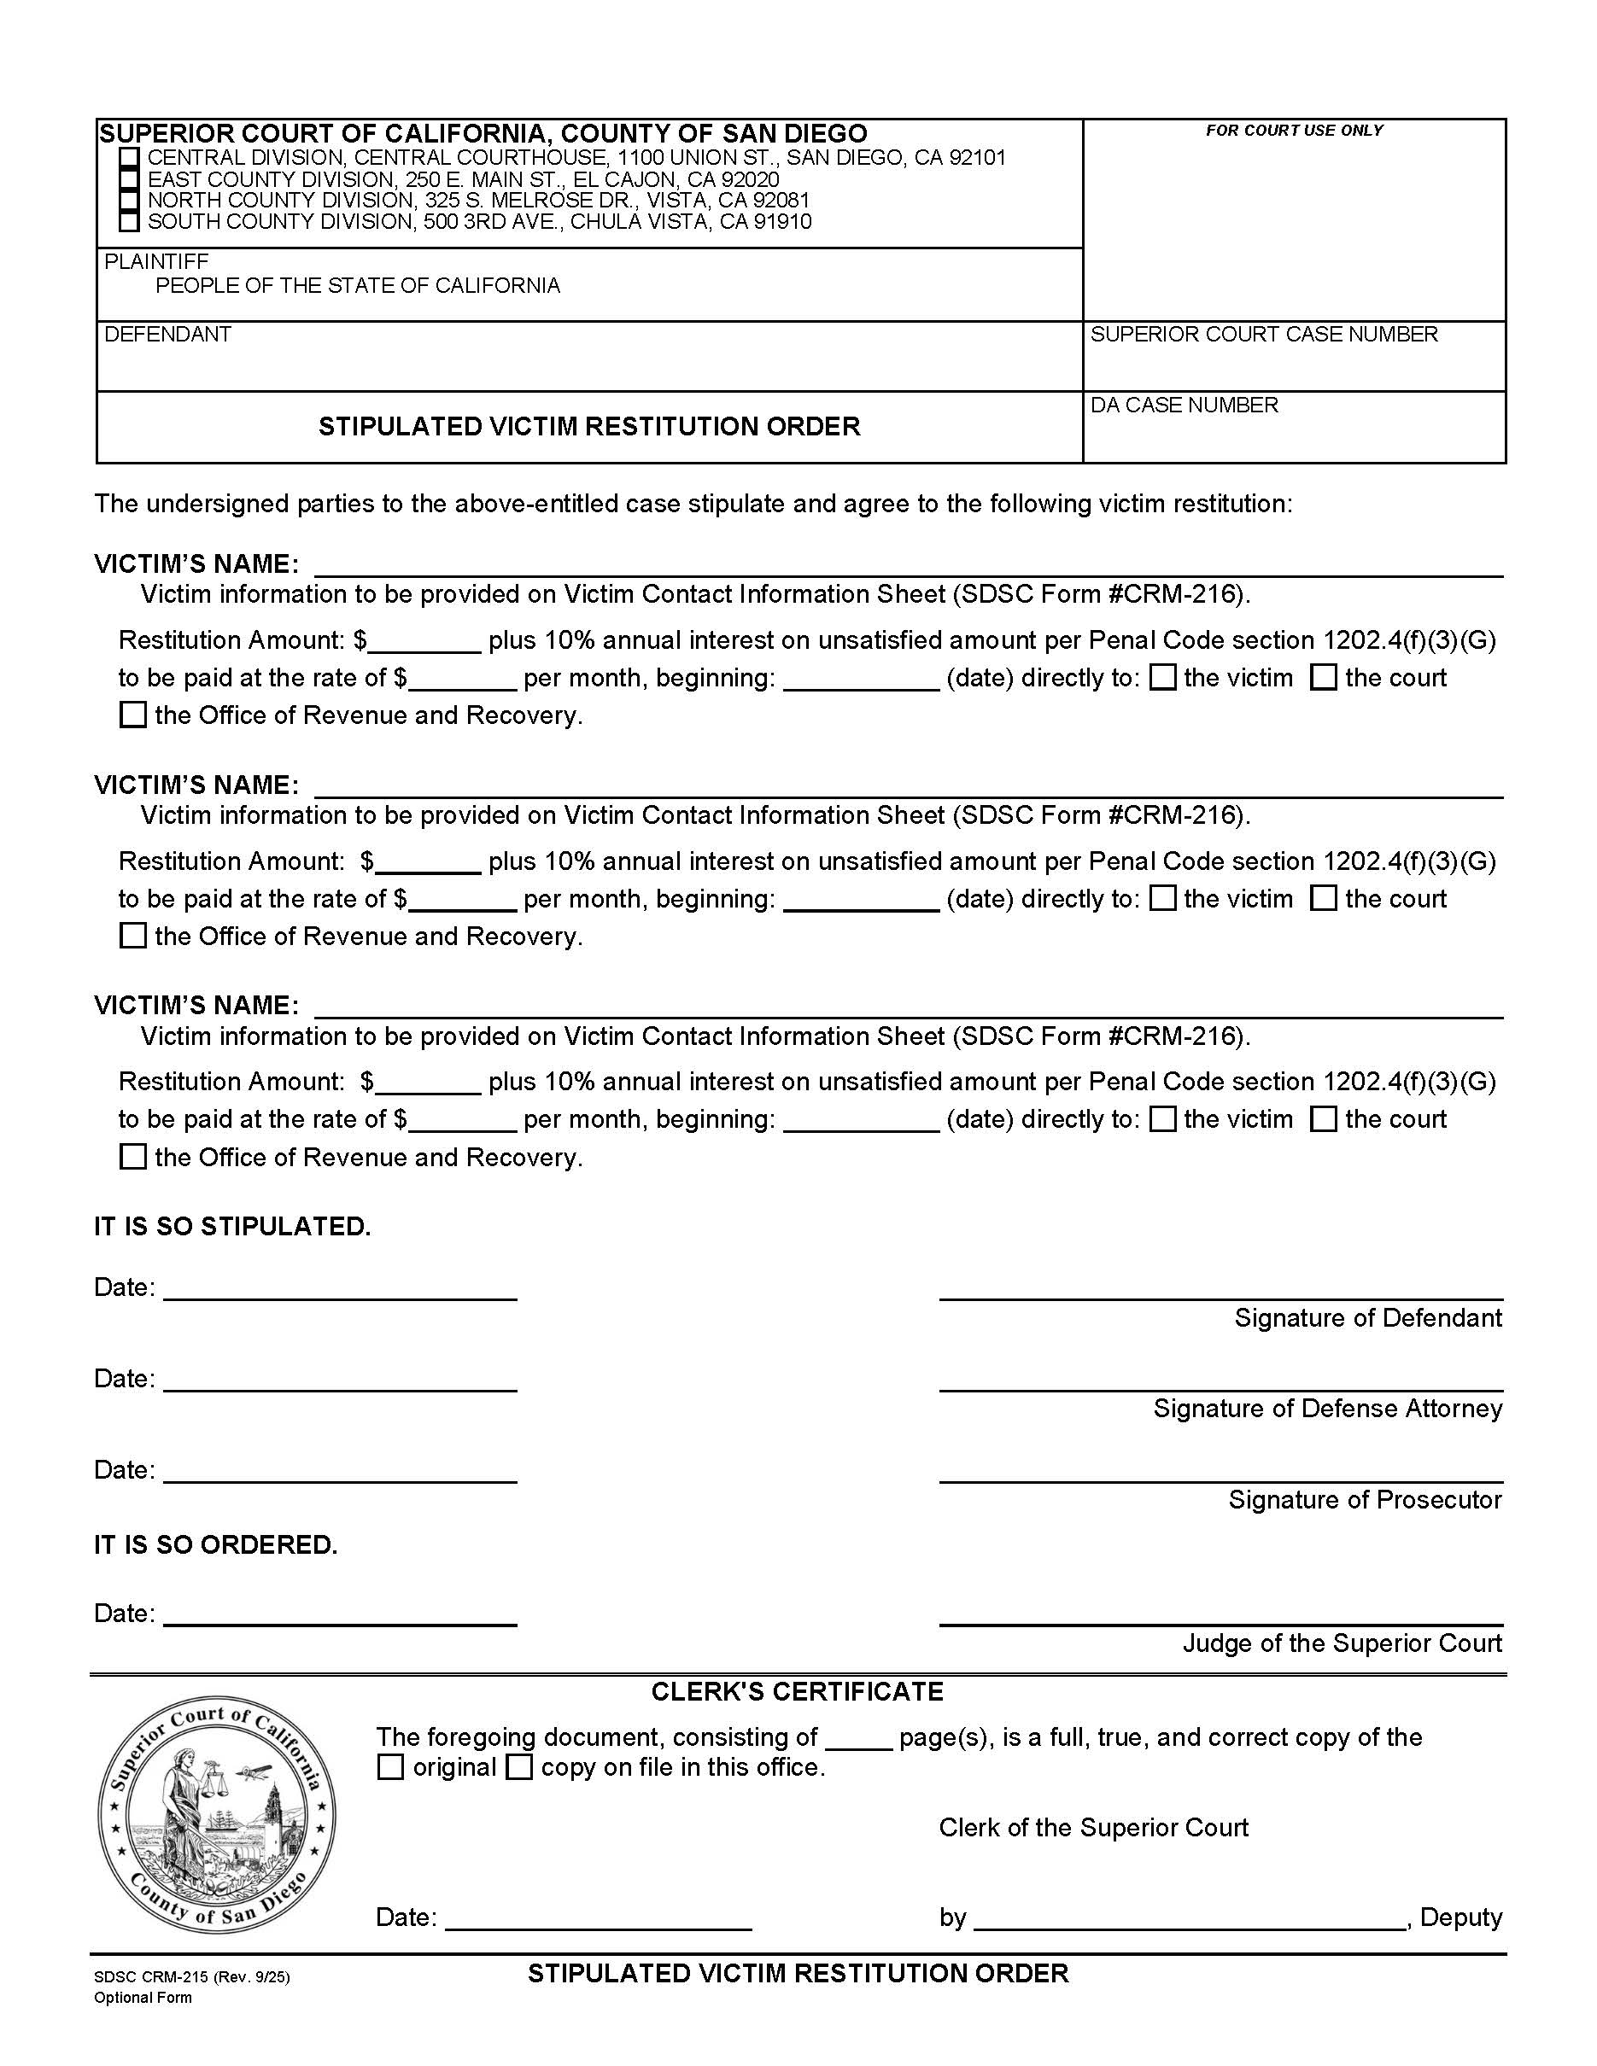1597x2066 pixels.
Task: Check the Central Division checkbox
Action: coord(130,158)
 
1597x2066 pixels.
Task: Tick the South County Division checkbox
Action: coord(130,222)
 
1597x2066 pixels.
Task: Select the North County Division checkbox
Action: coord(130,201)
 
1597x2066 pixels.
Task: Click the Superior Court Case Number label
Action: coord(1263,334)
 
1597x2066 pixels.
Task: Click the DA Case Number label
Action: coord(1184,405)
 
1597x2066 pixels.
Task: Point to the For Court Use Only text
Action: coord(1293,131)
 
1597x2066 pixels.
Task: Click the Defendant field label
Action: coord(167,334)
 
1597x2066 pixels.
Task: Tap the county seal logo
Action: coord(217,1814)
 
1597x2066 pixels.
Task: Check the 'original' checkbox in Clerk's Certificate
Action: coord(389,1767)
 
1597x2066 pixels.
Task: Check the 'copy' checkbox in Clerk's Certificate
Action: coord(518,1767)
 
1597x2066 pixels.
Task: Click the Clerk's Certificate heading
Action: coord(797,1691)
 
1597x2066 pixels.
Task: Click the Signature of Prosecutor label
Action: coord(1364,1499)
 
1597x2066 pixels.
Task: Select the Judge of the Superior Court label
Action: coord(1342,1643)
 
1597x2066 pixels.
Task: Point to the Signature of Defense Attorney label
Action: coord(1327,1409)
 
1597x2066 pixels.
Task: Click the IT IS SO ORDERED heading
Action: coord(216,1544)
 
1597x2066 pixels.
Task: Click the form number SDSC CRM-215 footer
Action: coord(191,1977)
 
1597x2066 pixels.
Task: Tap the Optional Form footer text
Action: coord(142,1998)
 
